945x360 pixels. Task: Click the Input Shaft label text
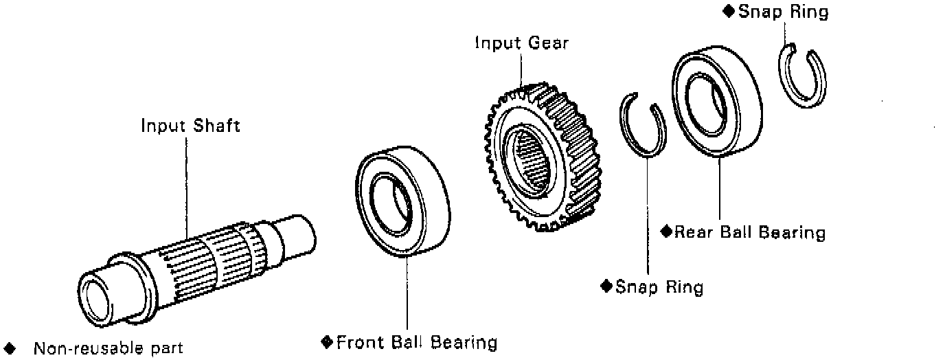point(190,126)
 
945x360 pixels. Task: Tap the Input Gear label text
point(522,43)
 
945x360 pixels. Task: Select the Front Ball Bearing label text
point(417,341)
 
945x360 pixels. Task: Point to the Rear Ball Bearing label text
point(749,232)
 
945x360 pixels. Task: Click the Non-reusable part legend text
point(109,348)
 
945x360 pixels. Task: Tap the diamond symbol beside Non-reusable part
point(10,348)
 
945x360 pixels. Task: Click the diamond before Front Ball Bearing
point(327,341)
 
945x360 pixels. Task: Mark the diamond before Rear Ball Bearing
point(665,232)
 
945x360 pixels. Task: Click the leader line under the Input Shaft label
point(186,185)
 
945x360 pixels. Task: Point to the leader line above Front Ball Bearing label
point(407,295)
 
